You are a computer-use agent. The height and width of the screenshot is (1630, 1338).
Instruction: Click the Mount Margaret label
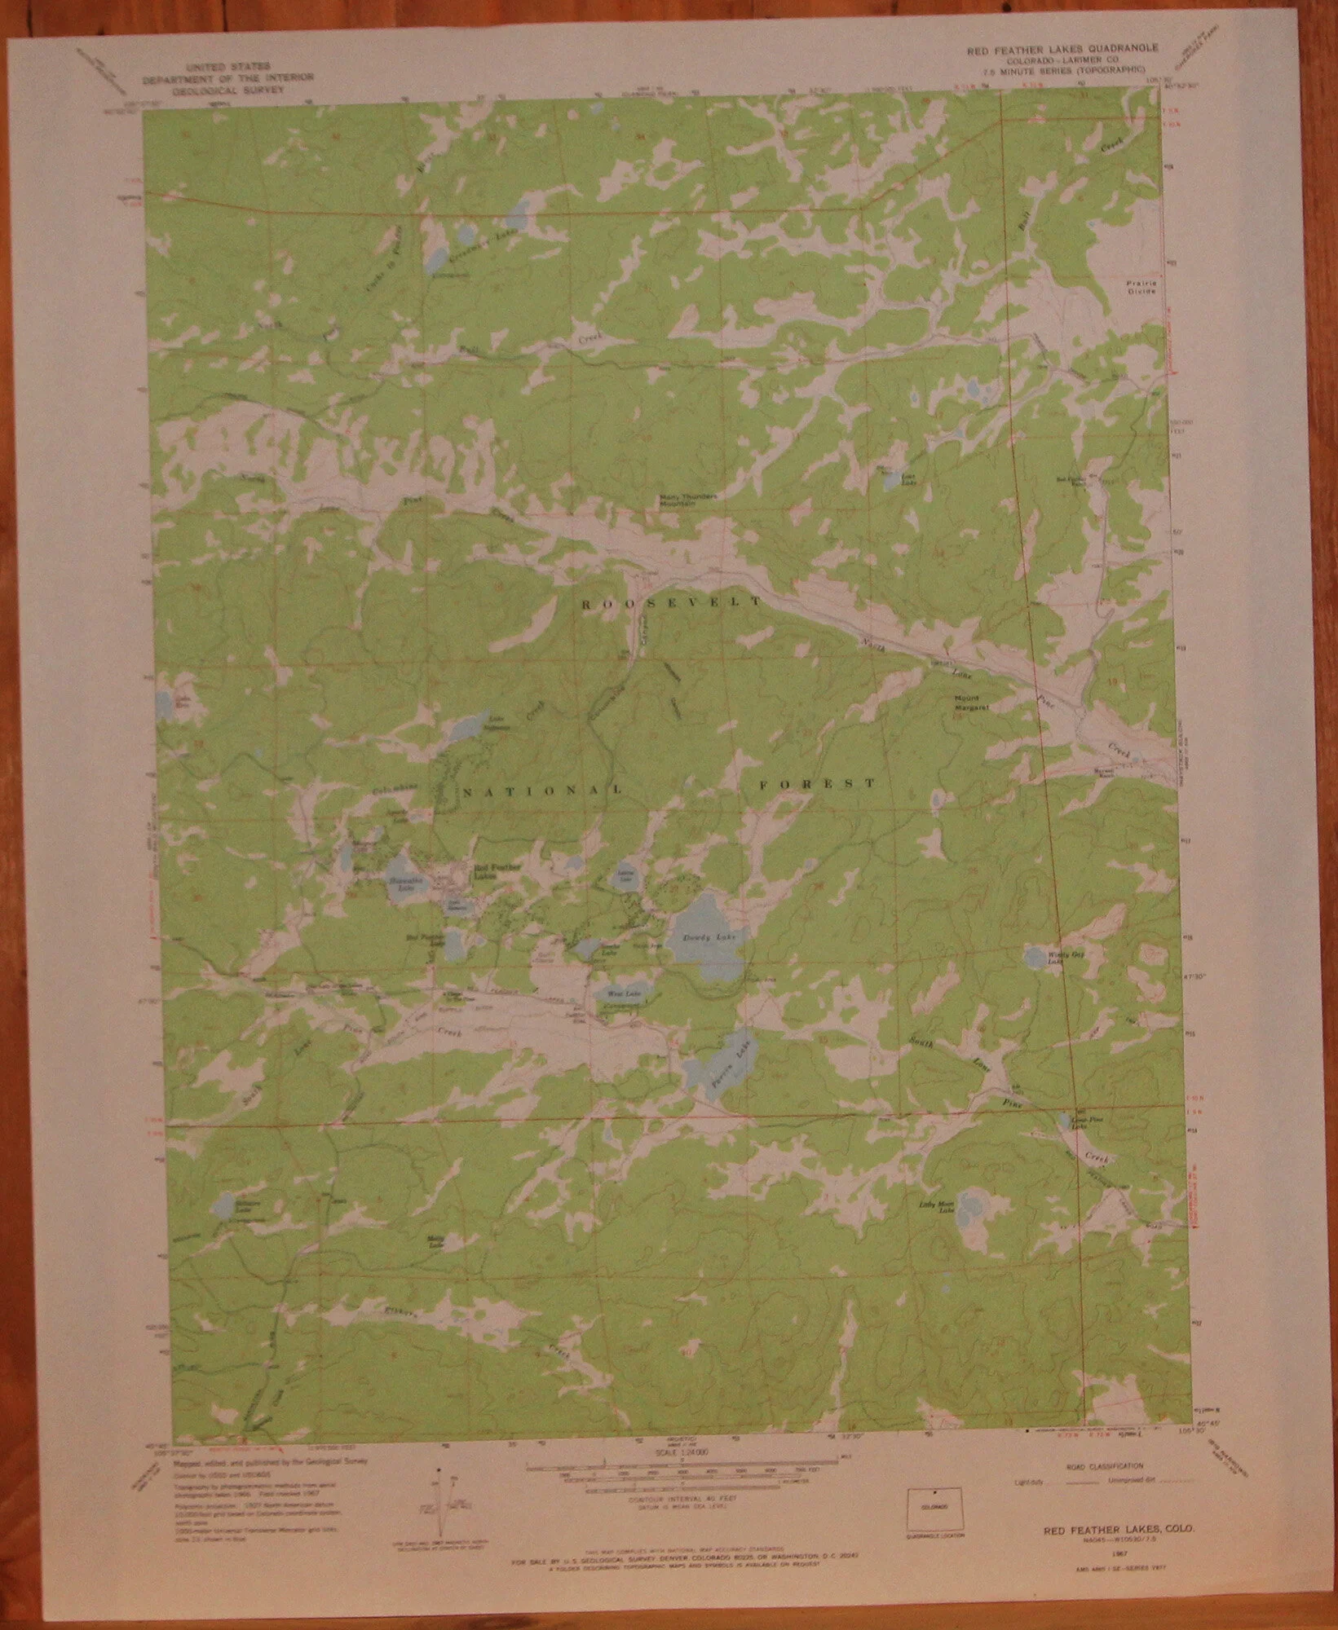click(x=971, y=703)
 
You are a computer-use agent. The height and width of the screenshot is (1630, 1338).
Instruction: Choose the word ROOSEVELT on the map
click(x=671, y=603)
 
